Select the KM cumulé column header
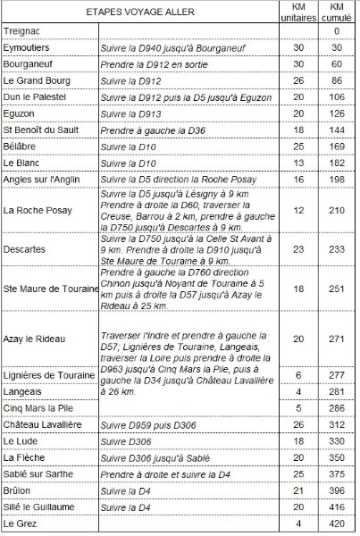(x=337, y=14)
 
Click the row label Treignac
(x=24, y=31)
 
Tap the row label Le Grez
(x=21, y=523)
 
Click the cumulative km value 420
(x=337, y=523)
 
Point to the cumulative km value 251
(x=337, y=289)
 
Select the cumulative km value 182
(x=337, y=163)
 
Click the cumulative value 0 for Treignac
(x=337, y=31)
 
